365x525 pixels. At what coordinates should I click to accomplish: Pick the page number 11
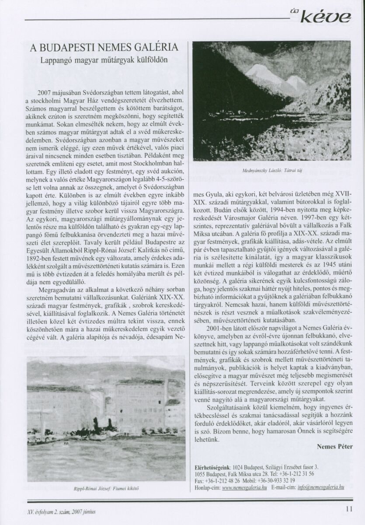[x=348, y=508]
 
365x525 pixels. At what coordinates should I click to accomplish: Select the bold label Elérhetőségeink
[x=212, y=467]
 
